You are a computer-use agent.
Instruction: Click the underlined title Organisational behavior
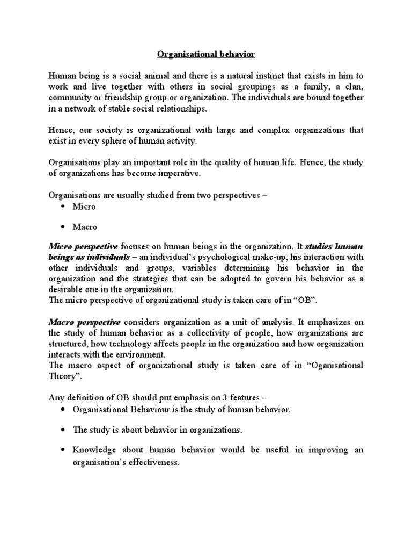click(x=206, y=54)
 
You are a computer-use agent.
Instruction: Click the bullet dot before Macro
click(x=63, y=227)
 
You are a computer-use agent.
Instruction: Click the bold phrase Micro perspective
click(x=83, y=247)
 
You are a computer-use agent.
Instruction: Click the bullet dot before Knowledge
click(x=63, y=450)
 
